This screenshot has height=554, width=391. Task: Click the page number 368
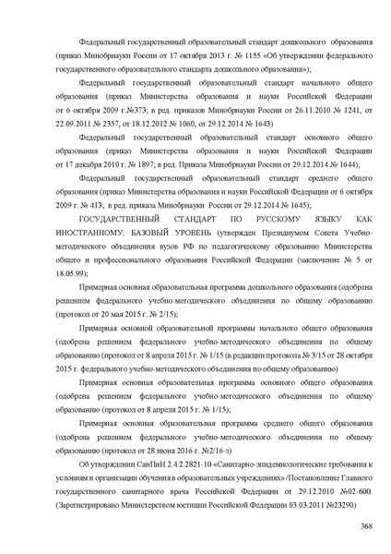click(x=366, y=526)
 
